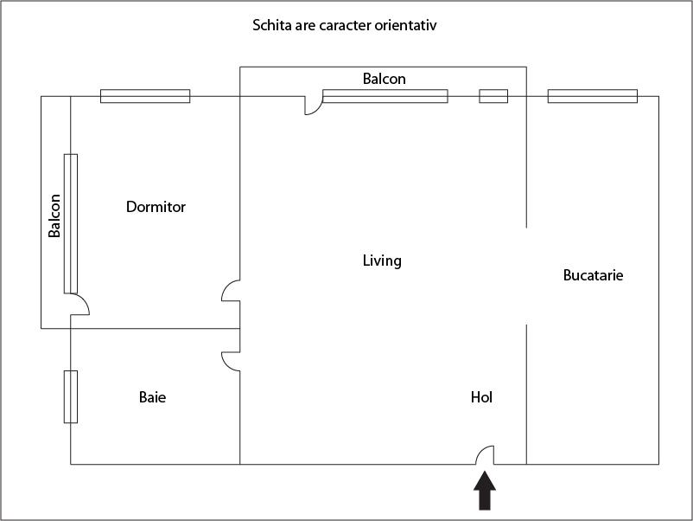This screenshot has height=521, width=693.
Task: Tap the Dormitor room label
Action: (x=156, y=207)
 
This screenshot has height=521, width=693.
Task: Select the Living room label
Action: (x=382, y=260)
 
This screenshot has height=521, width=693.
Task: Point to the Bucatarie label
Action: (x=593, y=276)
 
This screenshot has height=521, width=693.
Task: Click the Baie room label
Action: (x=152, y=397)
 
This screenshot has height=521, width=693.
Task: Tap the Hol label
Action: (x=481, y=397)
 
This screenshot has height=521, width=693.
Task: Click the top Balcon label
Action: (x=384, y=79)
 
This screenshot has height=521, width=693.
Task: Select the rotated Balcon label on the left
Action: (x=54, y=215)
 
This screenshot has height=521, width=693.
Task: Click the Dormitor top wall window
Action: (x=145, y=96)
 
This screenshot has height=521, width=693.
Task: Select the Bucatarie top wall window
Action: (x=592, y=96)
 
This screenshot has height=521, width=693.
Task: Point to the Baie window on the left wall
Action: (x=71, y=396)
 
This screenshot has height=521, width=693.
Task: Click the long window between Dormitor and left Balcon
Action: (x=71, y=223)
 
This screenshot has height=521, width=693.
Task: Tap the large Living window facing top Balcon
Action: (x=385, y=96)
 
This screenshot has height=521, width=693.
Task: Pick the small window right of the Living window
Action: (x=493, y=96)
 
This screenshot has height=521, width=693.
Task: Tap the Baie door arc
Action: (x=231, y=361)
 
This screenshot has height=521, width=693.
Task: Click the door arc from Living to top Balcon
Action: (x=314, y=106)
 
